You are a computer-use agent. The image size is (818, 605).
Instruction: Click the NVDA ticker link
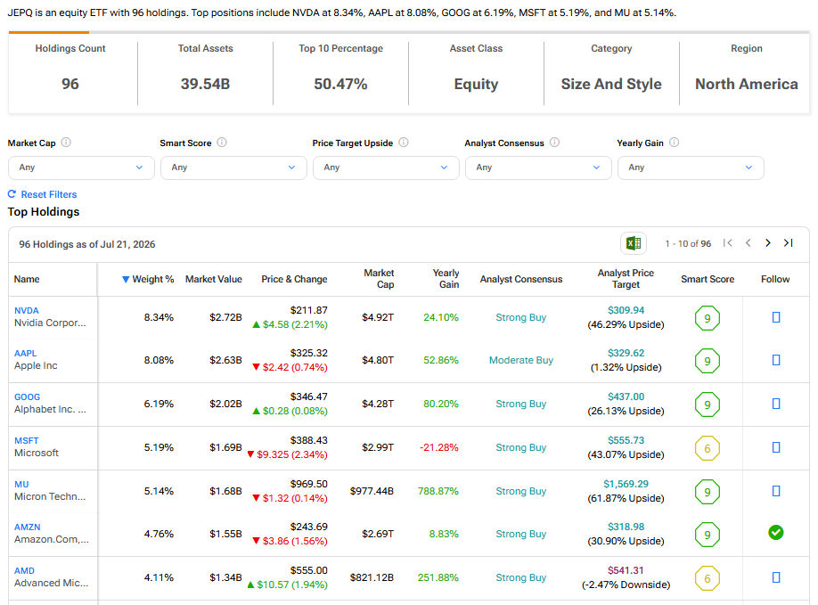point(26,310)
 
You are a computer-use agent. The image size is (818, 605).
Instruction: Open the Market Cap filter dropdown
point(81,168)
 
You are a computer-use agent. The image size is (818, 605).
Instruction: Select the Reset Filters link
point(42,194)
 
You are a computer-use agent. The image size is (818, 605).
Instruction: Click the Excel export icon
point(634,243)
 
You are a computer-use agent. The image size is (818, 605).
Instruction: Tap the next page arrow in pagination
point(767,243)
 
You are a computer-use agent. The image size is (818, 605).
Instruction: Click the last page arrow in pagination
point(789,243)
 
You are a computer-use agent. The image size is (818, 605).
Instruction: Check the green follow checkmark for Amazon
point(776,533)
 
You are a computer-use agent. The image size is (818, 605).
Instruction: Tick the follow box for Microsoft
point(776,447)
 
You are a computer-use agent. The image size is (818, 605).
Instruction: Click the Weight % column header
point(148,279)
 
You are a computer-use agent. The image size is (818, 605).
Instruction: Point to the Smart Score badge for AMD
point(708,578)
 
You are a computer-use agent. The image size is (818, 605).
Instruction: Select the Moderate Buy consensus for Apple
point(520,360)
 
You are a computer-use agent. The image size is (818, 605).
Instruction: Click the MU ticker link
point(21,484)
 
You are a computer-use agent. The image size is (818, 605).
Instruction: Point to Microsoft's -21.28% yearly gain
point(438,447)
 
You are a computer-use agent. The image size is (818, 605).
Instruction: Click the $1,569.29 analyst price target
point(626,484)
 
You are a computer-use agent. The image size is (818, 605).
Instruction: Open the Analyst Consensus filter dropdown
point(538,168)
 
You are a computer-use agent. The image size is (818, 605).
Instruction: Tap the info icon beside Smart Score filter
point(222,143)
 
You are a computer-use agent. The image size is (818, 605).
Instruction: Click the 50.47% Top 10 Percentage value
point(340,84)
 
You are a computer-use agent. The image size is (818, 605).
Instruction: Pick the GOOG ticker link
point(27,397)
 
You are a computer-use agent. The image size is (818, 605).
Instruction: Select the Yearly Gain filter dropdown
point(691,168)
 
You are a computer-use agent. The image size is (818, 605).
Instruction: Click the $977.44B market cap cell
point(372,491)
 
